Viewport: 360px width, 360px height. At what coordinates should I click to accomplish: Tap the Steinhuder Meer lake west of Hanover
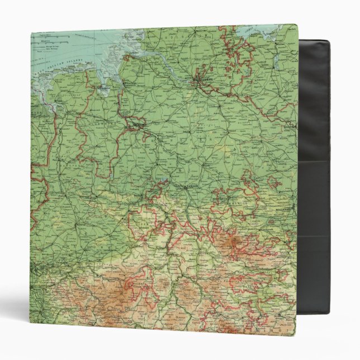(x=162, y=180)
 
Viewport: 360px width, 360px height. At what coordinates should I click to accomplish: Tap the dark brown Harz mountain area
(x=235, y=243)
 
